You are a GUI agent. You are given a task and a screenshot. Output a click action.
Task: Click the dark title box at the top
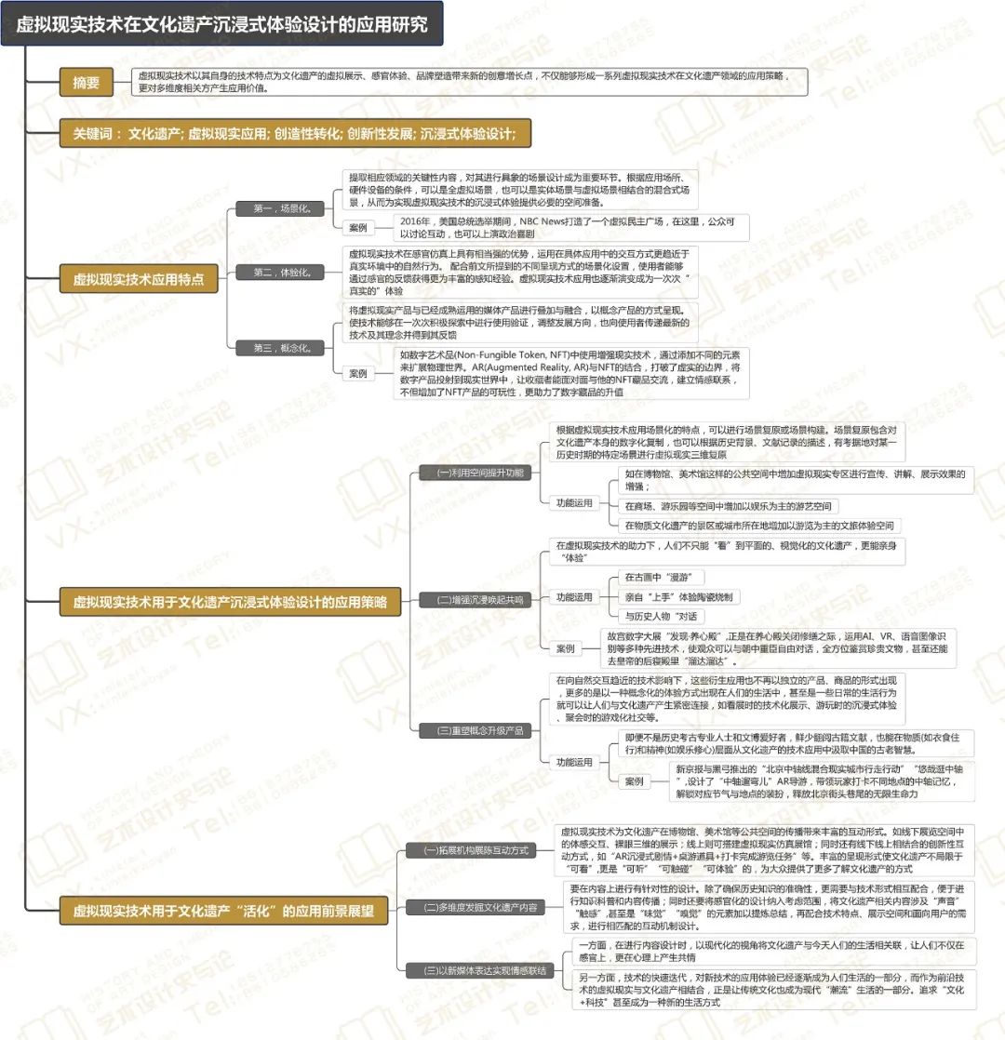click(221, 24)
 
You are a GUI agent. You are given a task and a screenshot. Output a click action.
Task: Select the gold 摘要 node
click(86, 82)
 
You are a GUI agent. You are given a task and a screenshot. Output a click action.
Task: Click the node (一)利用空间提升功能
click(475, 473)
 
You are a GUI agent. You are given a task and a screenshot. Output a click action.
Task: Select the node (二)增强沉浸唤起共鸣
click(475, 600)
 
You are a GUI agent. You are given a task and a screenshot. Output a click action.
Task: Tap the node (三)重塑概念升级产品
click(475, 730)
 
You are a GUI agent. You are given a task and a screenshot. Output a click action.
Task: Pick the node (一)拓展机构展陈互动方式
click(476, 849)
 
